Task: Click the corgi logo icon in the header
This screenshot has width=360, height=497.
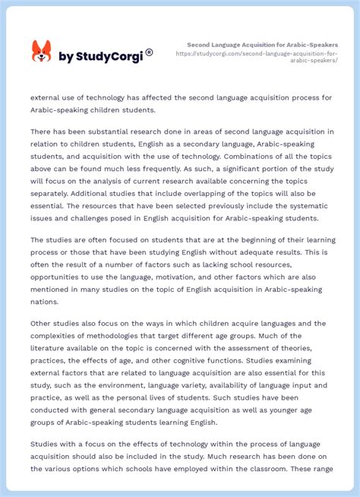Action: click(x=41, y=52)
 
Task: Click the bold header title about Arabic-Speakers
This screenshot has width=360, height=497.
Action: click(x=262, y=45)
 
